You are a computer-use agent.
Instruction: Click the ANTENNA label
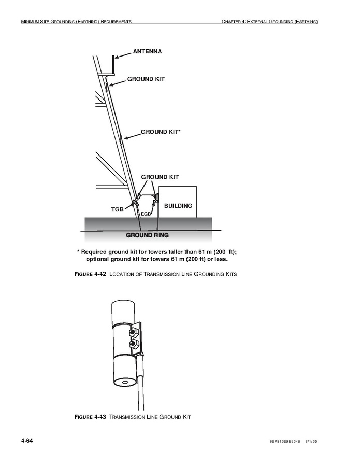[147, 51]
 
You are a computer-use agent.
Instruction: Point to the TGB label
[118, 209]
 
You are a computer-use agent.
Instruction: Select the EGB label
[145, 214]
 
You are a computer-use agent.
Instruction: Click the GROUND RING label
[147, 235]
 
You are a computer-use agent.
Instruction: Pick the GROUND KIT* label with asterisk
[161, 132]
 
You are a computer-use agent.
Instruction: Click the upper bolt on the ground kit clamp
[134, 332]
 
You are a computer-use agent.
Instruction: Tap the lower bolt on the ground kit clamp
[134, 344]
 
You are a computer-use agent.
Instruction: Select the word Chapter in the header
[233, 22]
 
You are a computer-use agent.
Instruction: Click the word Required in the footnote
[98, 252]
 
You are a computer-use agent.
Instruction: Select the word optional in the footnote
[99, 259]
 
